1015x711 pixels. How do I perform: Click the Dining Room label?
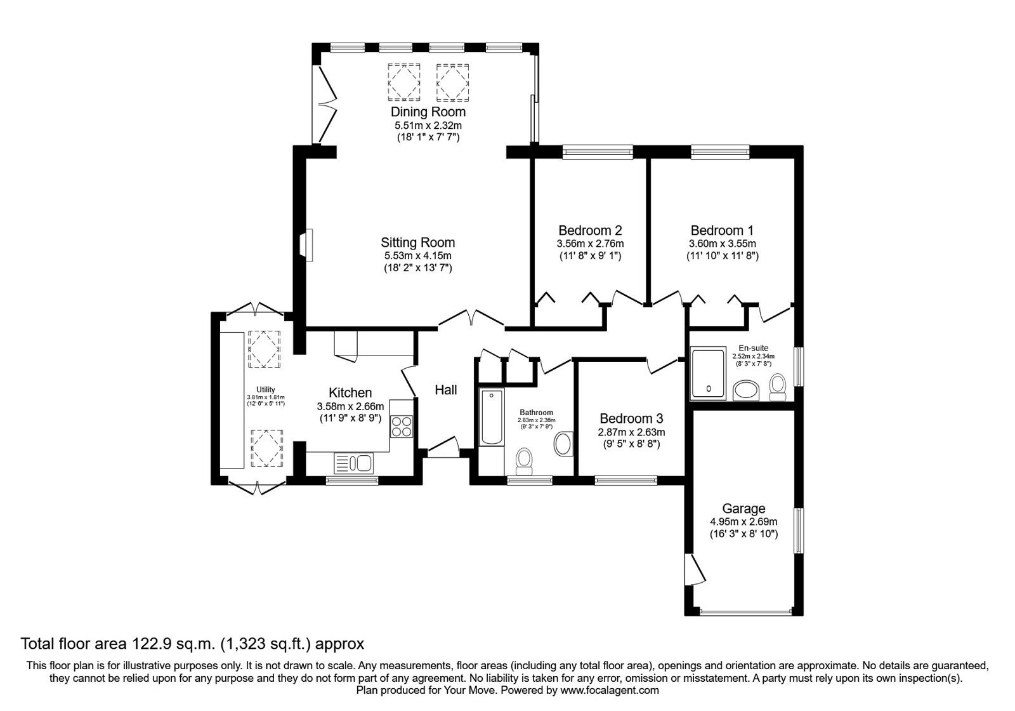[x=428, y=112]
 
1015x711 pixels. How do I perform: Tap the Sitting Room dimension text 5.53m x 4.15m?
[x=418, y=255]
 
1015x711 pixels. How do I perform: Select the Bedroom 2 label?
[x=590, y=230]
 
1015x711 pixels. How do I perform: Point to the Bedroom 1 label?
[x=723, y=230]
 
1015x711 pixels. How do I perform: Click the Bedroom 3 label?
[x=631, y=418]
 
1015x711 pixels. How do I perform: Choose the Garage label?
[x=743, y=508]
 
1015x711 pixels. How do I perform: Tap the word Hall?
[x=446, y=390]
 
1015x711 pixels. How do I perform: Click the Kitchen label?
[x=350, y=393]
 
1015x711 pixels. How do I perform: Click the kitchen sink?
[x=353, y=463]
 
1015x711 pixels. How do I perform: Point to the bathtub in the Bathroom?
[x=492, y=416]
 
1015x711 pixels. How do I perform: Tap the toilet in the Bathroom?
[x=525, y=461]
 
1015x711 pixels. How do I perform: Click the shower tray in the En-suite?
[x=708, y=374]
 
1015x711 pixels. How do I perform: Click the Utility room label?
[x=266, y=390]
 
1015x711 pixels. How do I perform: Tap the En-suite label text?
[x=753, y=349]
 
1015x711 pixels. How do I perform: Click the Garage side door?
[x=694, y=569]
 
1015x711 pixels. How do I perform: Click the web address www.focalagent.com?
[x=610, y=690]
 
